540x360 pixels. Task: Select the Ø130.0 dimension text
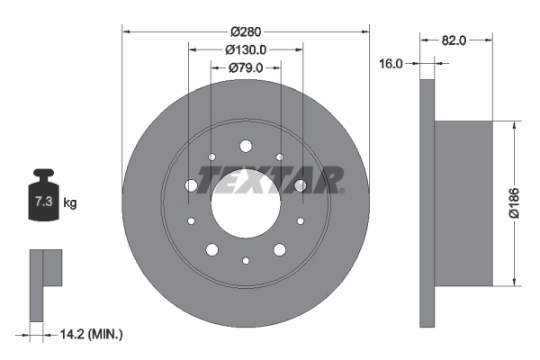coord(246,50)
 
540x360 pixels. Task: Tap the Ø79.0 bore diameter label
coord(246,67)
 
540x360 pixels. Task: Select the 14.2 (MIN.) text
coord(89,334)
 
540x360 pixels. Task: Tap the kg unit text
coord(70,202)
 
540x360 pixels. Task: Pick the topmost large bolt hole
coord(246,145)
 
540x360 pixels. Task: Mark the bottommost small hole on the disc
coord(246,261)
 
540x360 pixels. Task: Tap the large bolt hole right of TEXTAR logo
coord(301,185)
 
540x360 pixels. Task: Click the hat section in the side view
coord(463,202)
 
